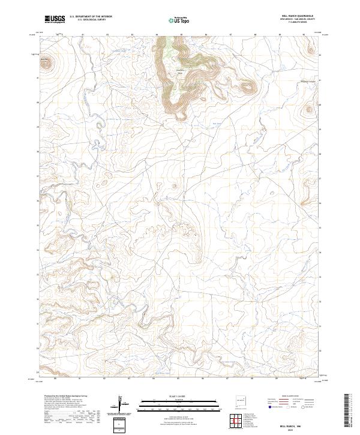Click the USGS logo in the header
tap(55, 19)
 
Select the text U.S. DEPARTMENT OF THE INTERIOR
tap(91, 17)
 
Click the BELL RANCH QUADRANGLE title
tap(296, 16)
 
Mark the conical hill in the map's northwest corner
tap(46, 61)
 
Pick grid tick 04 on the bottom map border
tap(154, 379)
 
